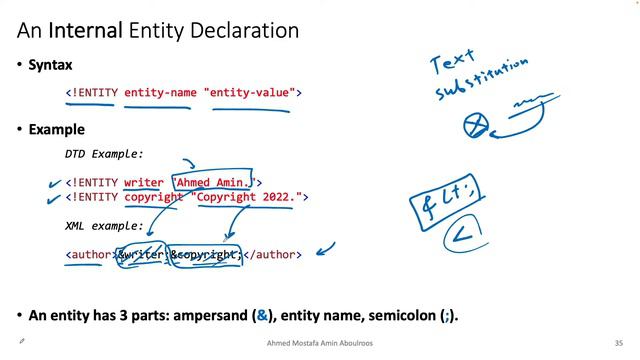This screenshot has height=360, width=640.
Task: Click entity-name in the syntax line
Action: (160, 93)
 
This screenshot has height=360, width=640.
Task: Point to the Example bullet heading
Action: (56, 129)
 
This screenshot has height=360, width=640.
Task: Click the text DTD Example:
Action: (104, 154)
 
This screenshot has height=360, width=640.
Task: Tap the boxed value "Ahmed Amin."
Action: (215, 183)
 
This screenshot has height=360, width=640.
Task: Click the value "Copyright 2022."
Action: (248, 197)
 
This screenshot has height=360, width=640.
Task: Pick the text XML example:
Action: (104, 226)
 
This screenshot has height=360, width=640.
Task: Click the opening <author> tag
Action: (90, 255)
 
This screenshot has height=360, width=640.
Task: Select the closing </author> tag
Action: (272, 255)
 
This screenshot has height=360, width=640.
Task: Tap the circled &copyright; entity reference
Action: (206, 255)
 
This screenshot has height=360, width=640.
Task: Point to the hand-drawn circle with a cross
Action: (475, 126)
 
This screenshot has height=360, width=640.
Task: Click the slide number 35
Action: (619, 342)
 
